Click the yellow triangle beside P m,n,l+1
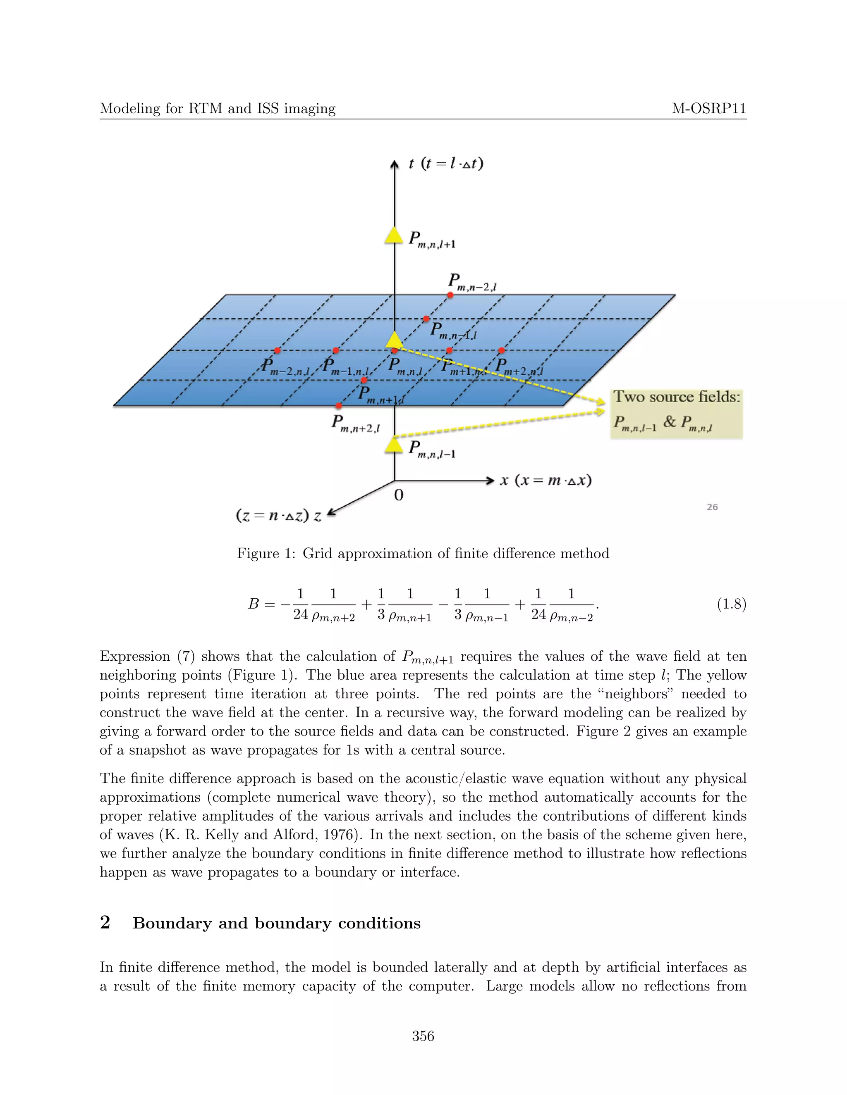(394, 236)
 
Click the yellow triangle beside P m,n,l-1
(394, 445)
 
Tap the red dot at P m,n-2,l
(451, 295)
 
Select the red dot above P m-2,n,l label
(278, 350)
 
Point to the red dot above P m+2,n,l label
(502, 350)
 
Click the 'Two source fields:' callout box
(676, 414)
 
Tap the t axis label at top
(445, 164)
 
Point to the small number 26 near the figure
(712, 507)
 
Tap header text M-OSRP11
(708, 108)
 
